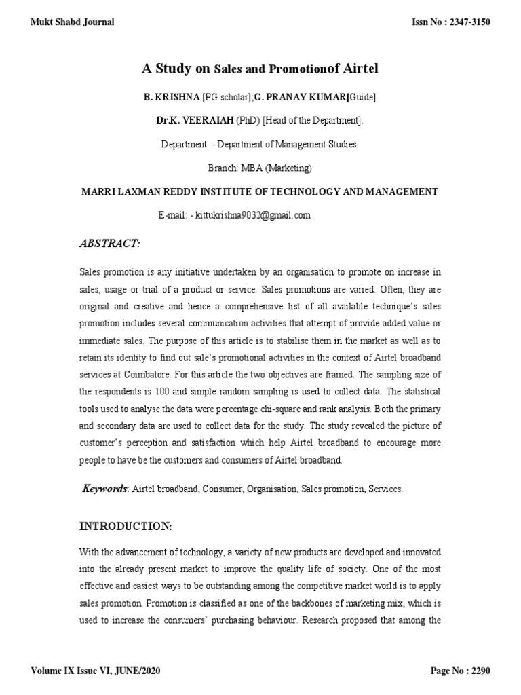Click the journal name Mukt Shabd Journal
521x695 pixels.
[x=73, y=22]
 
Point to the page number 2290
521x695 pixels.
[x=478, y=672]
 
